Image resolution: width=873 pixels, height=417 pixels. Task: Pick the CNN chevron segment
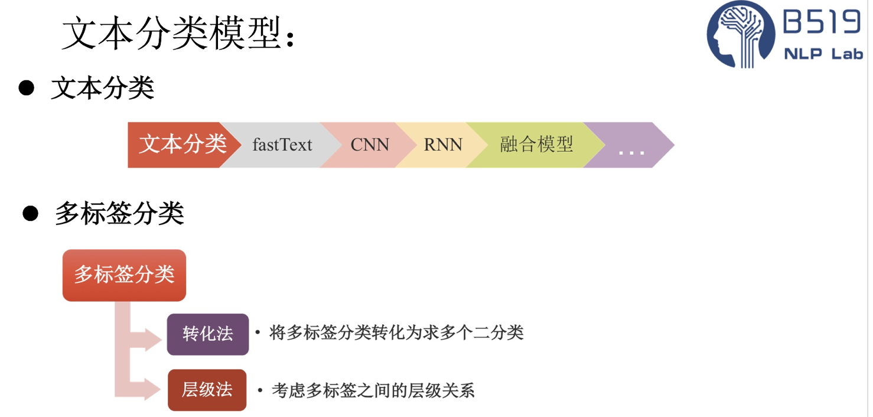(370, 145)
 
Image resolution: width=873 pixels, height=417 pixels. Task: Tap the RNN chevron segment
(442, 145)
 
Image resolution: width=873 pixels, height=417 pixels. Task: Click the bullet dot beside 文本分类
(27, 89)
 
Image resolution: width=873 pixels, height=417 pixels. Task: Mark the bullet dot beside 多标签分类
(30, 213)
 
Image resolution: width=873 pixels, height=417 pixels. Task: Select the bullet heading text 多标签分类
(119, 213)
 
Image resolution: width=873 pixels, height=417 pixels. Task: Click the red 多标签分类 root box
(124, 275)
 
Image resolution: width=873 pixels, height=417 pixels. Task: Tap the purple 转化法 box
(207, 334)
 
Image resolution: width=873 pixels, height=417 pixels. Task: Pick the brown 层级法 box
(207, 390)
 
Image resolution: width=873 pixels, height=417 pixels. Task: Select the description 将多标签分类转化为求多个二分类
(396, 333)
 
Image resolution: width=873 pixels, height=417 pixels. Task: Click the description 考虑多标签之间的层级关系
(373, 390)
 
